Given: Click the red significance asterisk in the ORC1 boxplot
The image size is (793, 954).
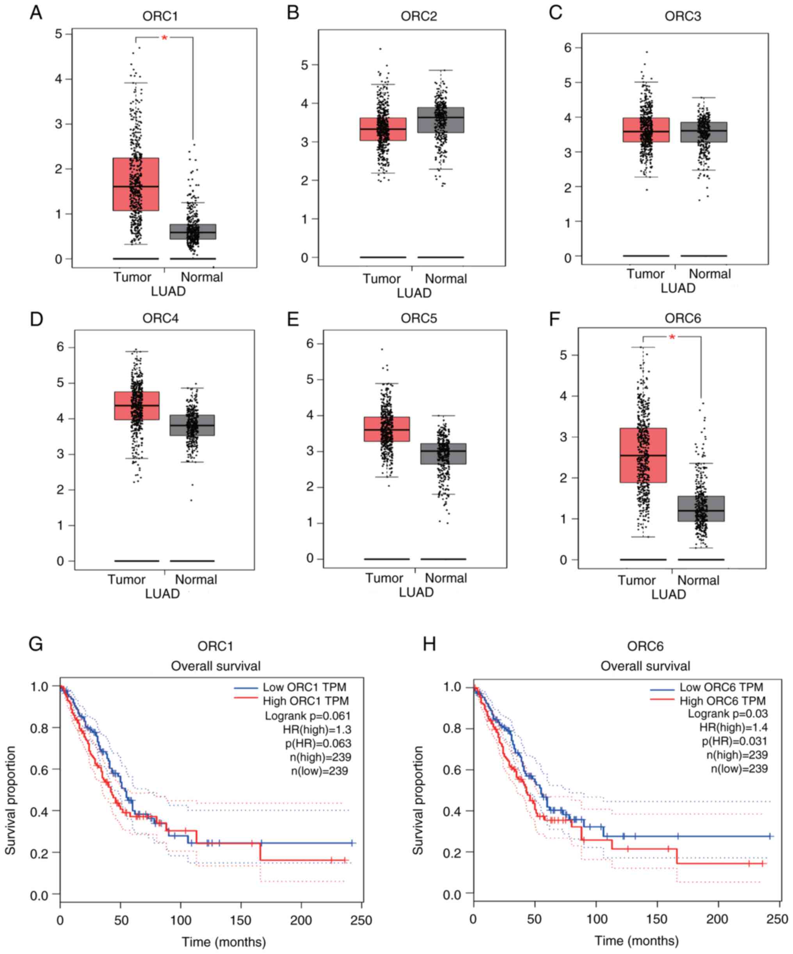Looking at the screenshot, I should click(x=164, y=38).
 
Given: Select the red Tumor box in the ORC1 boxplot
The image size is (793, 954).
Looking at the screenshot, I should click(x=136, y=184).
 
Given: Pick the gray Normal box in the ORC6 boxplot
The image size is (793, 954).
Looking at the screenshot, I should click(x=701, y=508).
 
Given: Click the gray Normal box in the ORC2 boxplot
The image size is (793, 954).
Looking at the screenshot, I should click(x=440, y=120).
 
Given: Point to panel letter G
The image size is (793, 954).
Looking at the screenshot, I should click(x=36, y=644).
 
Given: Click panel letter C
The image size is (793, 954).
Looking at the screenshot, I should click(x=555, y=13).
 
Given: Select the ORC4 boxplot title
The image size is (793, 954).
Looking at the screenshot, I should click(x=160, y=318).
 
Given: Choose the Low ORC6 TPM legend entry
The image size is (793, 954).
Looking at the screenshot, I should click(x=721, y=687).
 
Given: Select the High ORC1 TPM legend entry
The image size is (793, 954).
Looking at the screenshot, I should click(x=306, y=701).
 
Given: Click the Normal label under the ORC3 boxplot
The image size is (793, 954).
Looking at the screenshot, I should click(x=709, y=274).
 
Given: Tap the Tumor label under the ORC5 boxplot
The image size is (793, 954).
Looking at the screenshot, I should click(x=384, y=578).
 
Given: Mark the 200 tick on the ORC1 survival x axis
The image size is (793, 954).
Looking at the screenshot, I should click(x=301, y=920).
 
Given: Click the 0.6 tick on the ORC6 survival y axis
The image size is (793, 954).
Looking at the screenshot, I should click(x=451, y=770).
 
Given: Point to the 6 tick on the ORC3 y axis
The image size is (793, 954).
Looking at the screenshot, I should click(x=567, y=48).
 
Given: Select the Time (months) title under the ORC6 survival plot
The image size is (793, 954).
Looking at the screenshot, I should click(x=637, y=941).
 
